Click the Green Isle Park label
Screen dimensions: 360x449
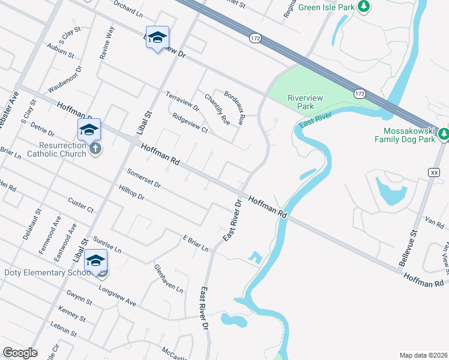pos(327,7)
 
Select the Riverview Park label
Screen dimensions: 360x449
pos(305,102)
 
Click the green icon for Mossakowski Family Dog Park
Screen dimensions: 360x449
pos(443,133)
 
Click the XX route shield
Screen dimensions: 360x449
pos(434,172)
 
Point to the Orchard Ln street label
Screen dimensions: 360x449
pos(127,8)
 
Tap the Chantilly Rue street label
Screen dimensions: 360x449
pos(217,109)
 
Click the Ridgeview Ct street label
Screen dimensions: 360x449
pos(189,123)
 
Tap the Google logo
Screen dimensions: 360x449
pos(20,353)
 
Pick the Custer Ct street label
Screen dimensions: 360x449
pos(81,205)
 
